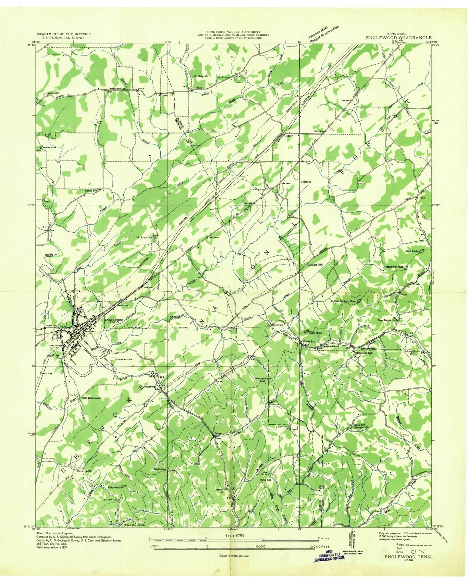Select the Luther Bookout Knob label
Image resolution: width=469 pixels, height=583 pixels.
point(344,301)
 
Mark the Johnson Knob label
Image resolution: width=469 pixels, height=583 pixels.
point(263,378)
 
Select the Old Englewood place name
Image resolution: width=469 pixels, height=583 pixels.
point(92,398)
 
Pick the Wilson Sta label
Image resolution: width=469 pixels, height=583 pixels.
point(308,341)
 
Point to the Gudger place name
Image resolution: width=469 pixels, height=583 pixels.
point(289,136)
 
